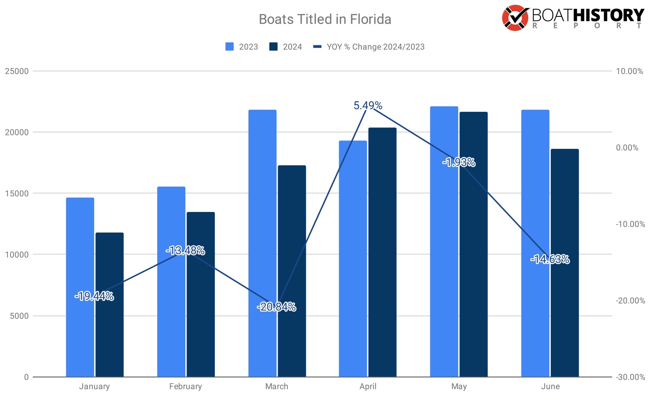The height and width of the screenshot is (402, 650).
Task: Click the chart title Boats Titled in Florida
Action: [x=325, y=19]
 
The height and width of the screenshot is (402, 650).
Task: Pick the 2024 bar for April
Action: [x=382, y=252]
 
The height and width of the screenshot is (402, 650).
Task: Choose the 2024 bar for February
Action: [x=200, y=294]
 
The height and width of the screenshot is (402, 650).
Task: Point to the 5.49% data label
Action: [x=368, y=106]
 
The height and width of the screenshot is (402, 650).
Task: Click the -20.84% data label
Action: [x=276, y=307]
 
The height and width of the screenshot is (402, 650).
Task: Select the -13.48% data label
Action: [x=185, y=251]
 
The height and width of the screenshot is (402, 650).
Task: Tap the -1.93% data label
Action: [x=459, y=162]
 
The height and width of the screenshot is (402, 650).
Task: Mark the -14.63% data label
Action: [x=550, y=259]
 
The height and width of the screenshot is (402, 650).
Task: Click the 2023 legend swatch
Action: [x=229, y=47]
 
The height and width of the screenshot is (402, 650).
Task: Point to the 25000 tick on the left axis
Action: [x=17, y=71]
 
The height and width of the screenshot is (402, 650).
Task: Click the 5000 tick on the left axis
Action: [x=19, y=316]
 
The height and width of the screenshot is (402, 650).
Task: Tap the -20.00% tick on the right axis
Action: [x=630, y=301]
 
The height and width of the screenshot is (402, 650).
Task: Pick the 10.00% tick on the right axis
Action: [x=629, y=71]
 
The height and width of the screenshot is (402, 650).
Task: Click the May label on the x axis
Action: [x=459, y=386]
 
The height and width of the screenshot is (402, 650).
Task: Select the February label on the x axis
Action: [x=185, y=386]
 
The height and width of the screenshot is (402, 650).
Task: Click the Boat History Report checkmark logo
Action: [x=515, y=18]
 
